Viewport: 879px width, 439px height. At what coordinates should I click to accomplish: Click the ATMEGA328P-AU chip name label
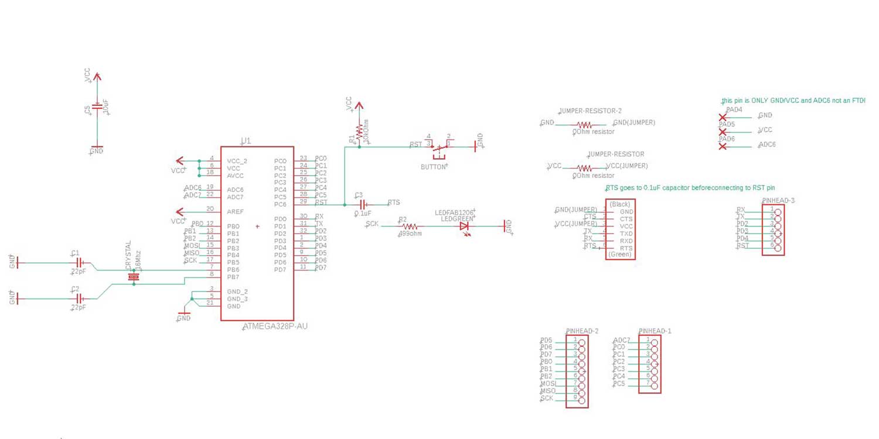(275, 326)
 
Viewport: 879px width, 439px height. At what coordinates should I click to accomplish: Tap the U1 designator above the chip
(246, 140)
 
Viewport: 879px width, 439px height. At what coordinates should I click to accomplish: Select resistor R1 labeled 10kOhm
(359, 132)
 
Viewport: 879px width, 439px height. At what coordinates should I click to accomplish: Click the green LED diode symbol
(464, 225)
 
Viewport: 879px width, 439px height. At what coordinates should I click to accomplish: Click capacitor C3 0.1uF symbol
(363, 204)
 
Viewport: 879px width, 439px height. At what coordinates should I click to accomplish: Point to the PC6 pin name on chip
(280, 204)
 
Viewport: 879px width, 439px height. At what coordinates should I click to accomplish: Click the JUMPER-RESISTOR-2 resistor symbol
(584, 125)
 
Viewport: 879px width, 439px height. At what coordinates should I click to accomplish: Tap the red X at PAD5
(723, 132)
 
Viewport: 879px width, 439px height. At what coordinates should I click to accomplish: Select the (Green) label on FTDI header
(619, 255)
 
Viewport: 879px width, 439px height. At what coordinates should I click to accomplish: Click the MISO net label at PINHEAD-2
(548, 390)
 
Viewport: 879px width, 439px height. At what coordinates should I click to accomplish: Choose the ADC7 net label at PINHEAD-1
(621, 340)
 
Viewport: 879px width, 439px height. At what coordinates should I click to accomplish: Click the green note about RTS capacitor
(690, 188)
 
